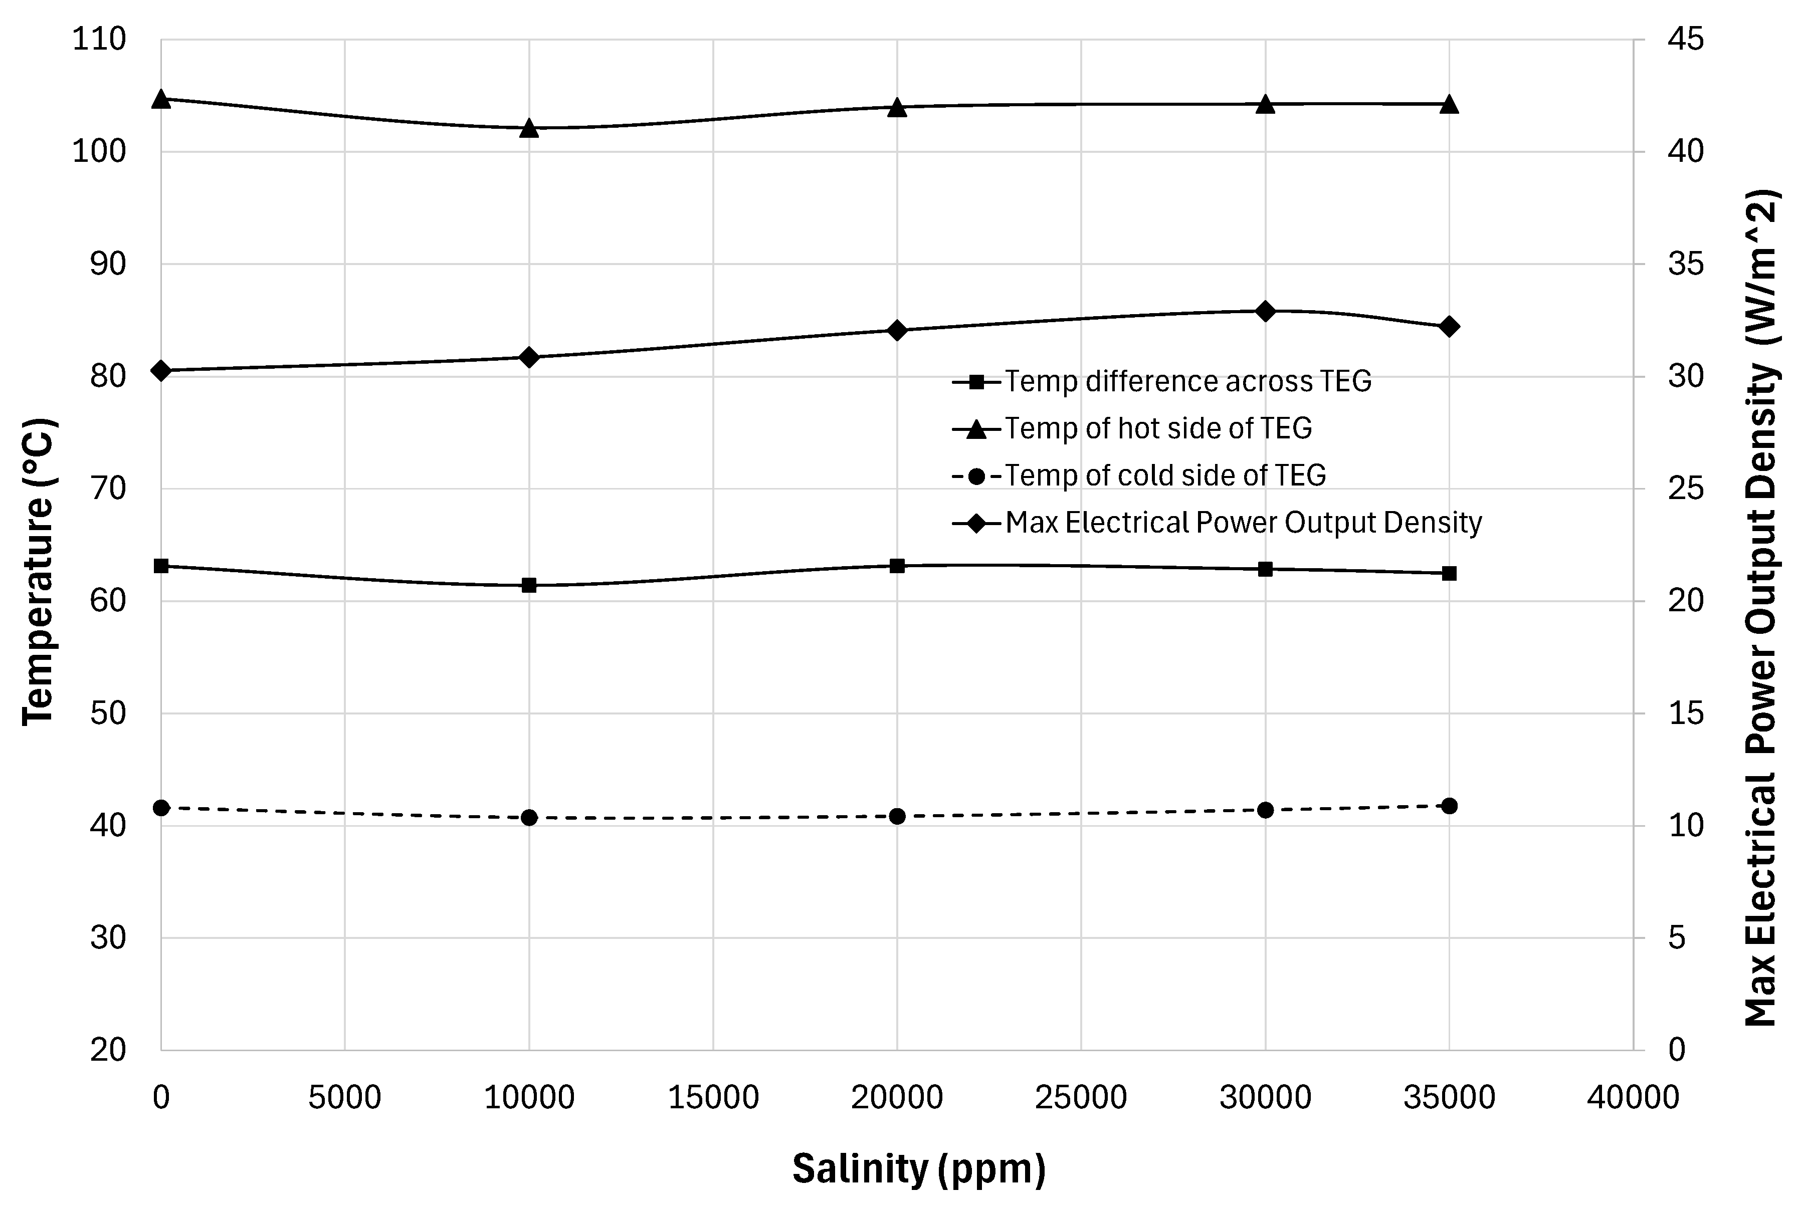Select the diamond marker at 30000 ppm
pyautogui.click(x=1265, y=311)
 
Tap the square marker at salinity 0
pyautogui.click(x=161, y=566)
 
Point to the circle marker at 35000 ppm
pyautogui.click(x=1449, y=806)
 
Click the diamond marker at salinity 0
pyautogui.click(x=161, y=370)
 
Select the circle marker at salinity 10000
pyautogui.click(x=529, y=818)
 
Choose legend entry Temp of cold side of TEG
pyautogui.click(x=1164, y=475)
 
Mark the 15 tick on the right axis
pyautogui.click(x=1686, y=713)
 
